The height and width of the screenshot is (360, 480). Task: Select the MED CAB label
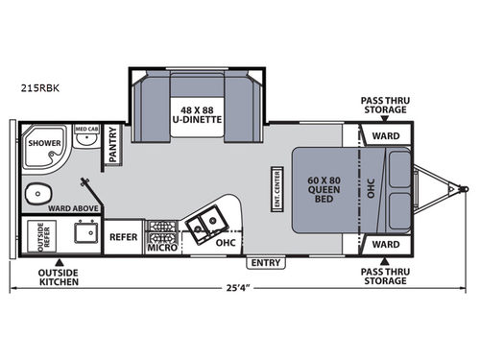86,129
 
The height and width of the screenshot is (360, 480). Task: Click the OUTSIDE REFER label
28,236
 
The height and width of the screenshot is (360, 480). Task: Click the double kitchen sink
204,226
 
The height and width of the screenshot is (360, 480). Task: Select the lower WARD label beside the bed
386,244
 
